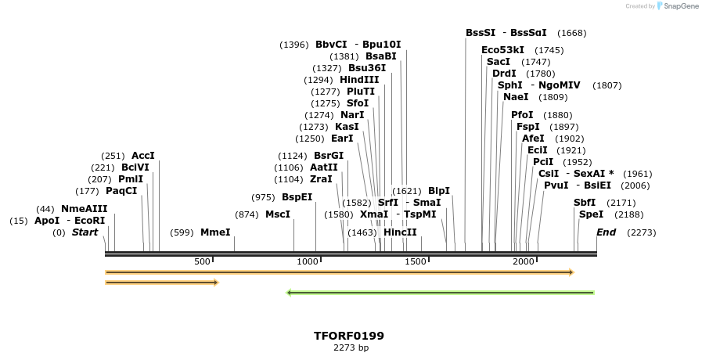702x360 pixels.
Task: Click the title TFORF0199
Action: coord(349,336)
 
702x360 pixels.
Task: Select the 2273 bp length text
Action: coord(349,347)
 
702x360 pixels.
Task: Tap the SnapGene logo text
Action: coord(677,5)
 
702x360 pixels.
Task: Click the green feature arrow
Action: coord(441,293)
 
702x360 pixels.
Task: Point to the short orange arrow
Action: coord(161,282)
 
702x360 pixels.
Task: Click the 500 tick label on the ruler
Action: coord(202,261)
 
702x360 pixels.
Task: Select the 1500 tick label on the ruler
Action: coord(416,261)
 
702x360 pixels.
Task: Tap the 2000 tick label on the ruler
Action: coord(524,261)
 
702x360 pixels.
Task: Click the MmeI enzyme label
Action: coord(215,232)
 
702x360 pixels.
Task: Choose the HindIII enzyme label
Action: coord(359,80)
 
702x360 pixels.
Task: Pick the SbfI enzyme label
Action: coord(585,203)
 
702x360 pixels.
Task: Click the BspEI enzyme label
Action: coord(297,197)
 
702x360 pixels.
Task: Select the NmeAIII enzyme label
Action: coord(84,209)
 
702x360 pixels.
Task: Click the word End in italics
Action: coord(606,232)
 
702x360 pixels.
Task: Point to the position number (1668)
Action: coord(571,33)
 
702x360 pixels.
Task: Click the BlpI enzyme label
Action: coord(439,191)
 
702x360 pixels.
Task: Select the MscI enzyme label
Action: coord(278,214)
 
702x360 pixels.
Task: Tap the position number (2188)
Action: coord(629,214)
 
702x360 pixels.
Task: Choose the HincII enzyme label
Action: coord(400,232)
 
